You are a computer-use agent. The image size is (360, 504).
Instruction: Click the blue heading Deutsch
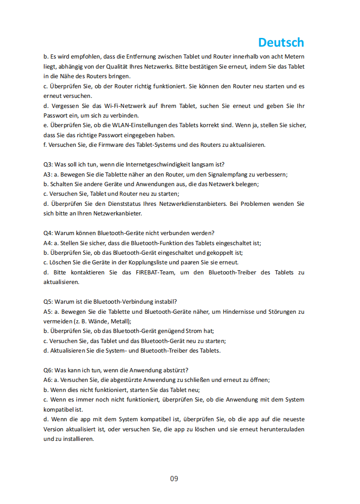[x=281, y=43]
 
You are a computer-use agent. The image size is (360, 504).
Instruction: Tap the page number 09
[x=174, y=478]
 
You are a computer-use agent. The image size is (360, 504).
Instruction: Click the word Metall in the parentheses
[x=120, y=322]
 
